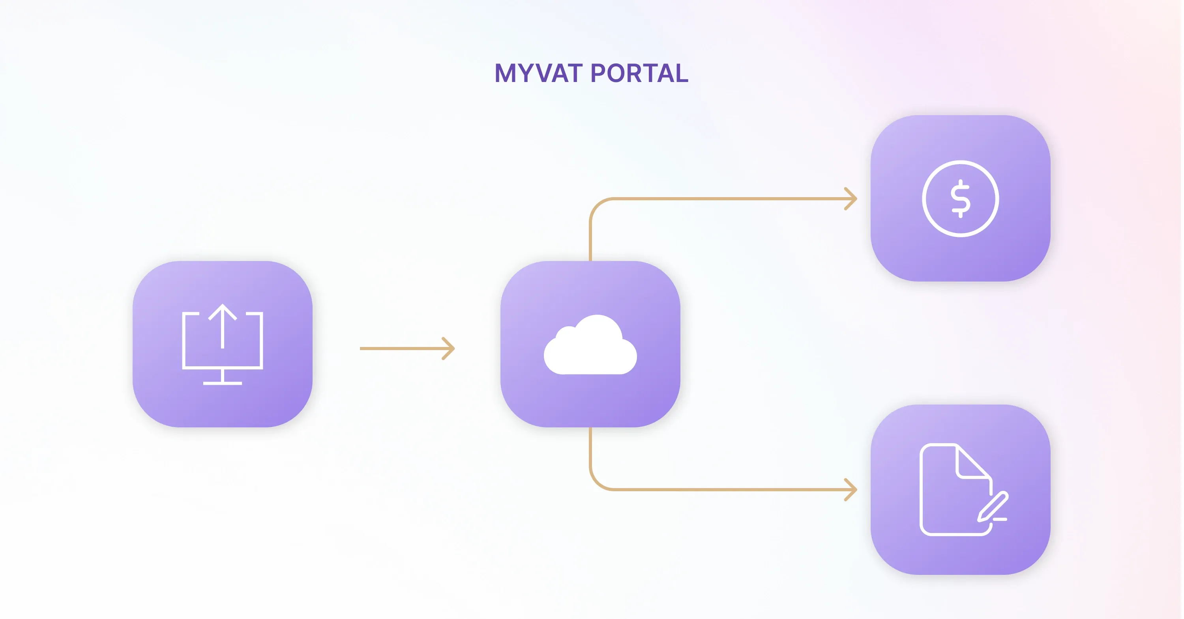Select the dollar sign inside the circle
coord(960,199)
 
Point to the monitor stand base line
coord(223,383)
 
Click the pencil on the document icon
coord(993,507)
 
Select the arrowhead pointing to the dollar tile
coord(852,199)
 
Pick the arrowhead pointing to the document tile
coord(852,490)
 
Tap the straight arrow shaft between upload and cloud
coord(400,349)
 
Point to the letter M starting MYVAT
coord(505,73)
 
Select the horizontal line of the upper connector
coord(726,199)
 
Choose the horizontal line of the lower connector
coord(726,490)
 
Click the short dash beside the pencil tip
coord(1000,519)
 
